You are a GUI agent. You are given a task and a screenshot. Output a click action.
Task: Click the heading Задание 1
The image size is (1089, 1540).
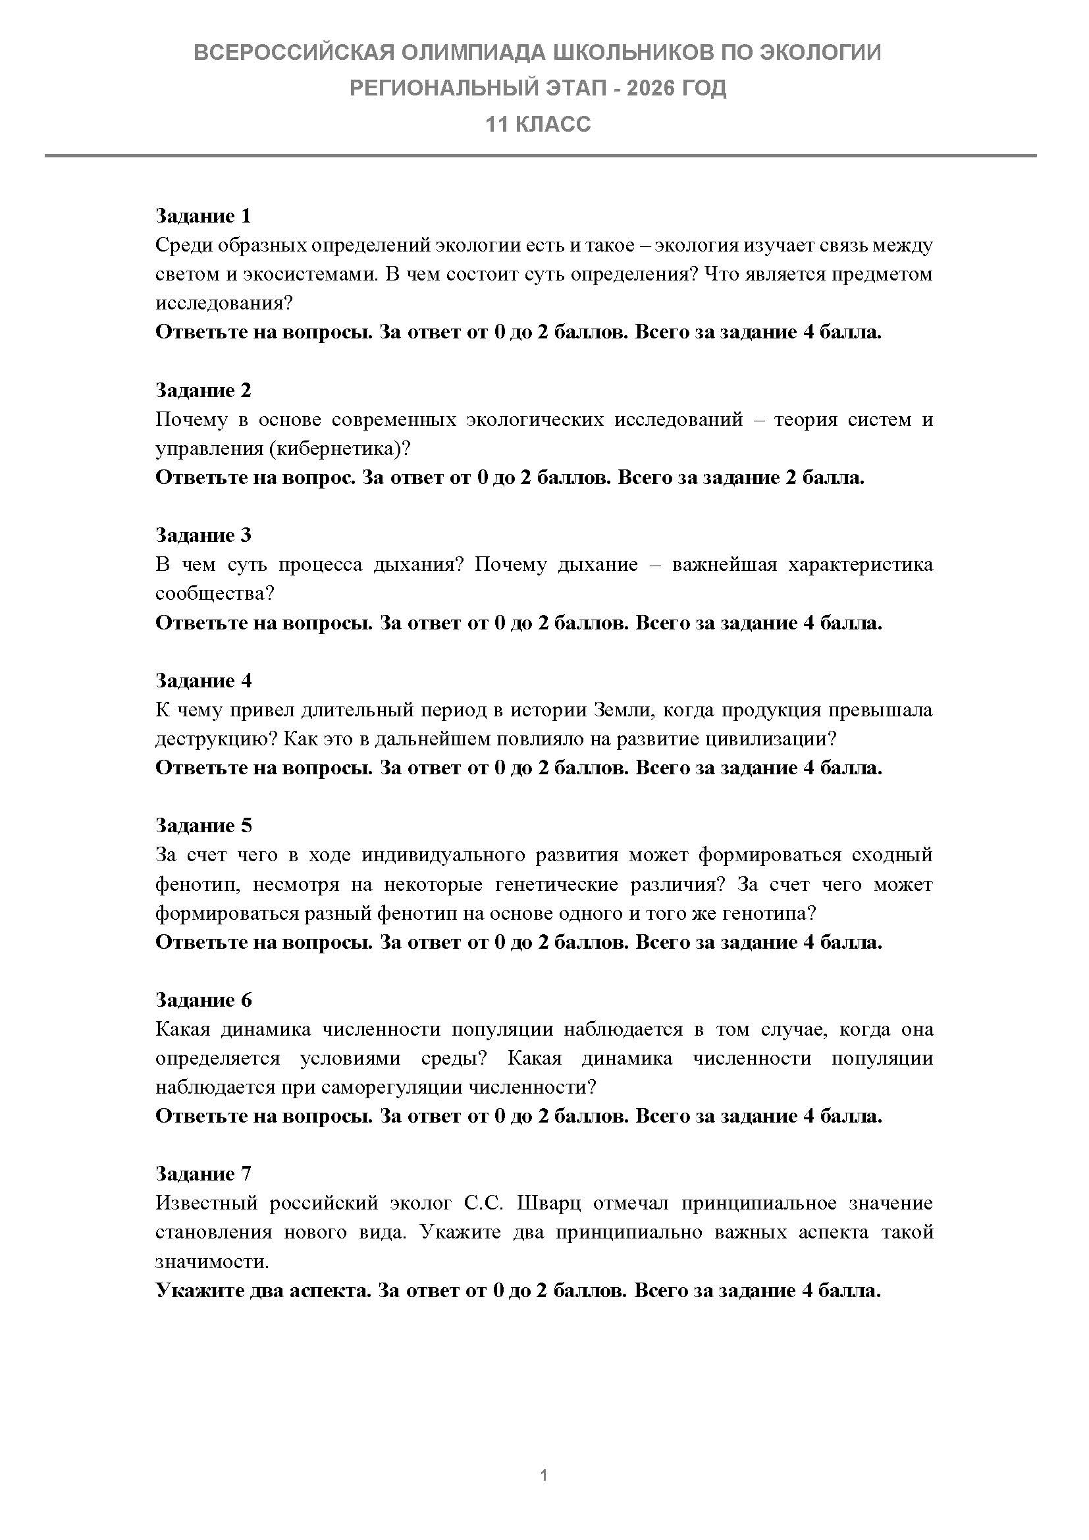click(203, 216)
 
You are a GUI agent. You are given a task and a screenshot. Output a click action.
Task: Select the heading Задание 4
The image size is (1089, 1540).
click(203, 681)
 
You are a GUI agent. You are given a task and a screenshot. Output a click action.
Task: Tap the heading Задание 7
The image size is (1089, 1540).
click(203, 1174)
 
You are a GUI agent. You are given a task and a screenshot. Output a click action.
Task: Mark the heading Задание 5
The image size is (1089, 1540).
click(203, 826)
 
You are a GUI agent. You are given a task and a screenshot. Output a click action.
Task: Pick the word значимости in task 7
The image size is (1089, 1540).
click(211, 1261)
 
